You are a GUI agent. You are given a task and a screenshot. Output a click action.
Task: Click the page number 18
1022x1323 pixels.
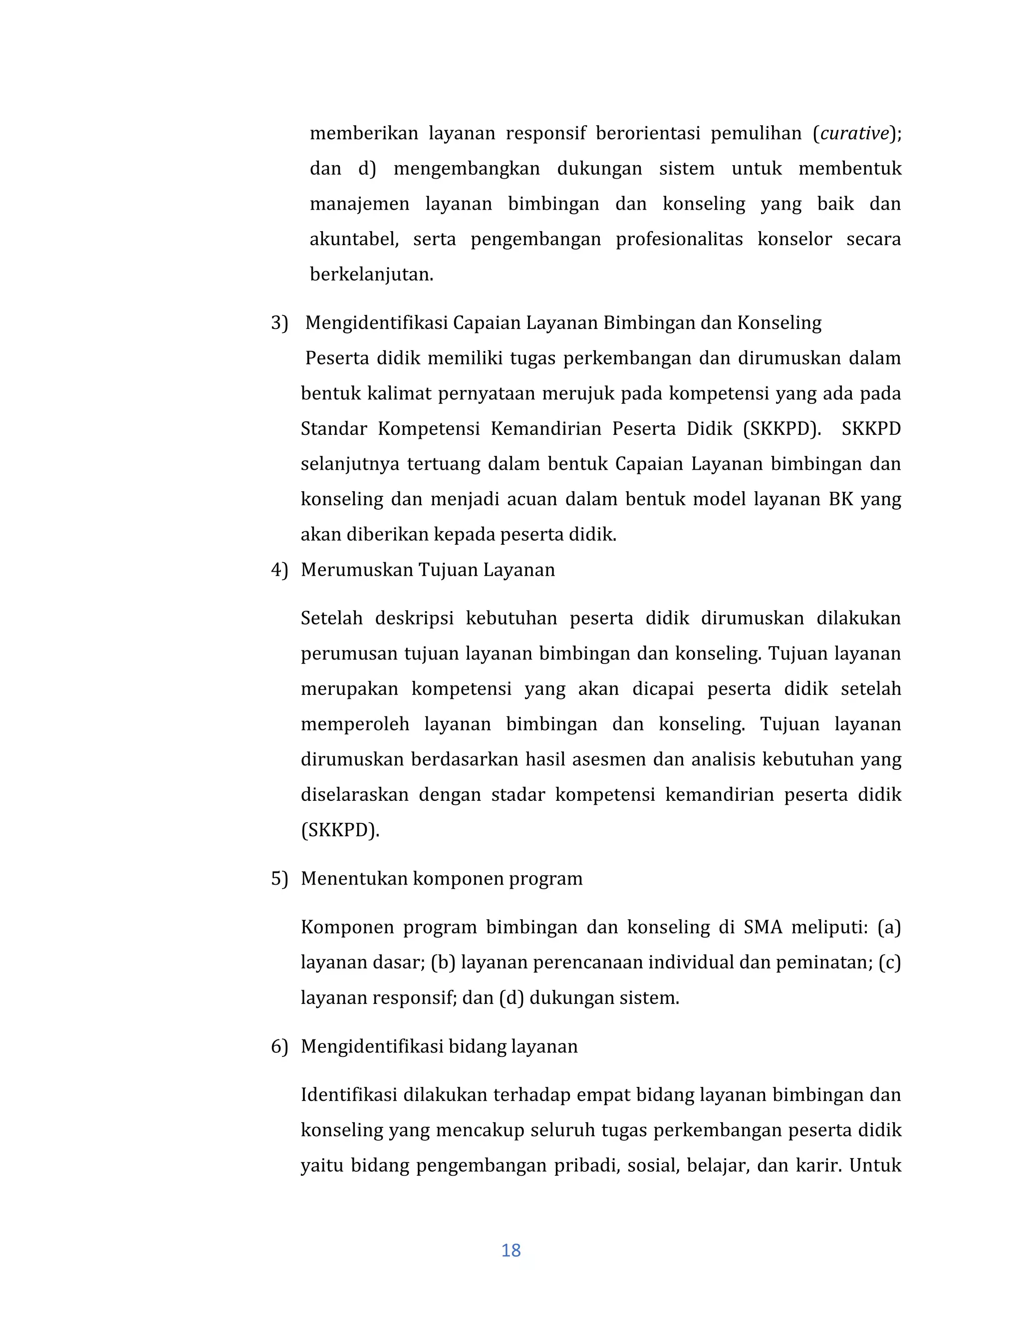(511, 1250)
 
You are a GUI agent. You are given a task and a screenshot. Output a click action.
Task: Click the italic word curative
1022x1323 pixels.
(854, 133)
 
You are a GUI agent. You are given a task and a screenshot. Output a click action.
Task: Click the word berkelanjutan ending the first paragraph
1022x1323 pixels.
(371, 275)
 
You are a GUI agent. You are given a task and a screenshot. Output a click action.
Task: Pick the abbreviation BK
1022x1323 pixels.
(840, 499)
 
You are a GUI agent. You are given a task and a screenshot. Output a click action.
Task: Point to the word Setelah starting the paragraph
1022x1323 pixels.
(331, 619)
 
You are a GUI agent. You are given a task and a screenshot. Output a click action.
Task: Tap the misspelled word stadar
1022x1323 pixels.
(517, 795)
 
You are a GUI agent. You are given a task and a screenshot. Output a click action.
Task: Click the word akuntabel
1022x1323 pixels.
(354, 239)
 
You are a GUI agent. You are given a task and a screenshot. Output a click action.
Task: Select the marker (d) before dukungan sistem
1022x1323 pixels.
(511, 997)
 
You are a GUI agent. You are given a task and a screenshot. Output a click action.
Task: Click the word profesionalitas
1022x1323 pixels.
(679, 239)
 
